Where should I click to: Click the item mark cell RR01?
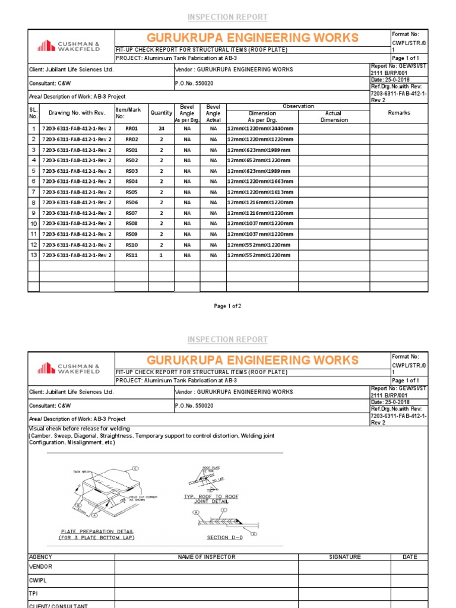(x=131, y=129)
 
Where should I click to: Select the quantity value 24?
(x=161, y=129)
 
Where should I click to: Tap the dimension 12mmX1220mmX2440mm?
(x=260, y=129)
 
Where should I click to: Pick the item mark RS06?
(x=131, y=202)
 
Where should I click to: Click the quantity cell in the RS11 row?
(x=161, y=255)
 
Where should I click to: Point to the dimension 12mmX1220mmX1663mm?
(x=260, y=182)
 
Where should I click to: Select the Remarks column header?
(x=398, y=113)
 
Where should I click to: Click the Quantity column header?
(x=161, y=113)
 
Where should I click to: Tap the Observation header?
(x=298, y=106)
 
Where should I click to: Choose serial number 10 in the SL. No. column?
(x=33, y=224)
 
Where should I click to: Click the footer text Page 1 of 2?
(x=227, y=306)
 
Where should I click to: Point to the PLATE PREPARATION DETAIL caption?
(x=97, y=531)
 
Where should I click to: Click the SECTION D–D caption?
(x=221, y=537)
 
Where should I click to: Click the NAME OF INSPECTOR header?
(x=207, y=557)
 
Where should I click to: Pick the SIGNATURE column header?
(x=344, y=557)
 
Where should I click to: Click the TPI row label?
(x=33, y=593)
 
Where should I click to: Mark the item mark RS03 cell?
(x=131, y=171)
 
